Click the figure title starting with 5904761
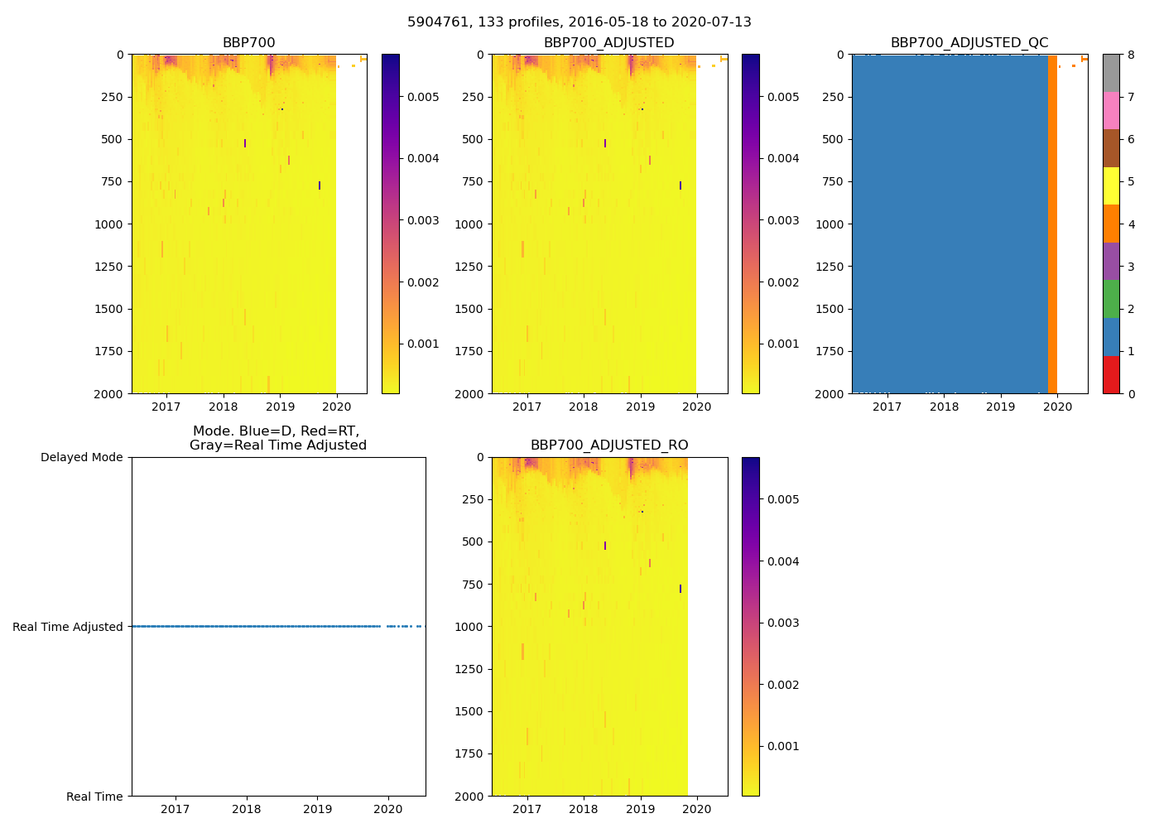579,22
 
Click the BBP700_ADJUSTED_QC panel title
969,43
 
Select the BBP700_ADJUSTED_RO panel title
609,445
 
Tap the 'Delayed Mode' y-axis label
81,457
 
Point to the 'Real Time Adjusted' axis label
68,627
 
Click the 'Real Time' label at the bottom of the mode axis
94,797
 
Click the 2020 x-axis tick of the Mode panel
388,809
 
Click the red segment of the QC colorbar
1111,374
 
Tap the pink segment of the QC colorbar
1111,111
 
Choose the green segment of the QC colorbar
1111,299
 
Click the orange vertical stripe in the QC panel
1052,224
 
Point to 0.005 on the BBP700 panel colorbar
423,97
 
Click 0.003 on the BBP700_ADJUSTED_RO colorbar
783,623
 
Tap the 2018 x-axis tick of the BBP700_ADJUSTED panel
584,407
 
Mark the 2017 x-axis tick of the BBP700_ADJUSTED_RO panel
527,809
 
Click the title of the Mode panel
278,438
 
